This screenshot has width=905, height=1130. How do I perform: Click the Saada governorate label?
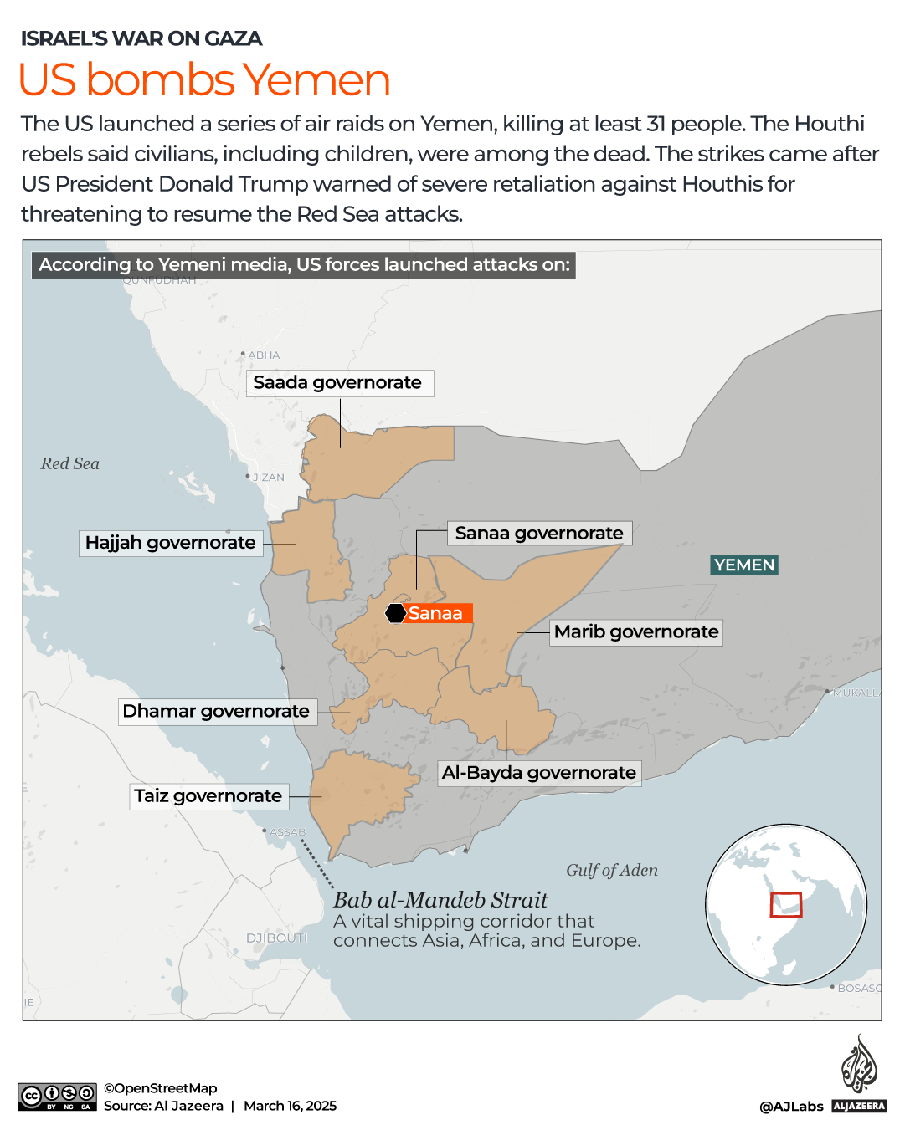coord(339,383)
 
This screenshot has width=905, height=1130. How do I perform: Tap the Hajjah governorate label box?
coord(171,543)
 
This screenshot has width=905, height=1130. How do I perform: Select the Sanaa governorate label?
coord(539,534)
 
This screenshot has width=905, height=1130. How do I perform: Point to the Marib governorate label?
coord(636,632)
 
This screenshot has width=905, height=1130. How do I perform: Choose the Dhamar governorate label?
coord(217,712)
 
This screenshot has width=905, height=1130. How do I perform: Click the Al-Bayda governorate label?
coord(539,773)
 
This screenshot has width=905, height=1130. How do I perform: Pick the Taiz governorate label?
coord(208,796)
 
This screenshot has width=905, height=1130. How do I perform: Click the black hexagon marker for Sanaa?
coord(395,613)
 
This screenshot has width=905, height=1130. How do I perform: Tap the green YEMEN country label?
coord(744,565)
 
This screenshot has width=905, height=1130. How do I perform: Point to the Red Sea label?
coord(70,463)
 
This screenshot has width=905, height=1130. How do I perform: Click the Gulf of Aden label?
coord(612,871)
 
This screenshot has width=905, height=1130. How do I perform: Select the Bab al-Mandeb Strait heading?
coord(440,900)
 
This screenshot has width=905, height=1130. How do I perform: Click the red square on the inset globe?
coord(785,904)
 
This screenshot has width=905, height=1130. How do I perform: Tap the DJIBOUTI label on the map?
coord(276,938)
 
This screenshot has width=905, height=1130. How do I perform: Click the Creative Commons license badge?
coord(57,1097)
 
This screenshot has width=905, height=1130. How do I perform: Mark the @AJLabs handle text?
coord(791,1107)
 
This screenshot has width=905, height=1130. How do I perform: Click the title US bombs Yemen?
coord(204,80)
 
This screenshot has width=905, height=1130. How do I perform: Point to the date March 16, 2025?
coord(290,1106)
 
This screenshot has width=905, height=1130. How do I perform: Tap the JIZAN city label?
coord(268,478)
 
